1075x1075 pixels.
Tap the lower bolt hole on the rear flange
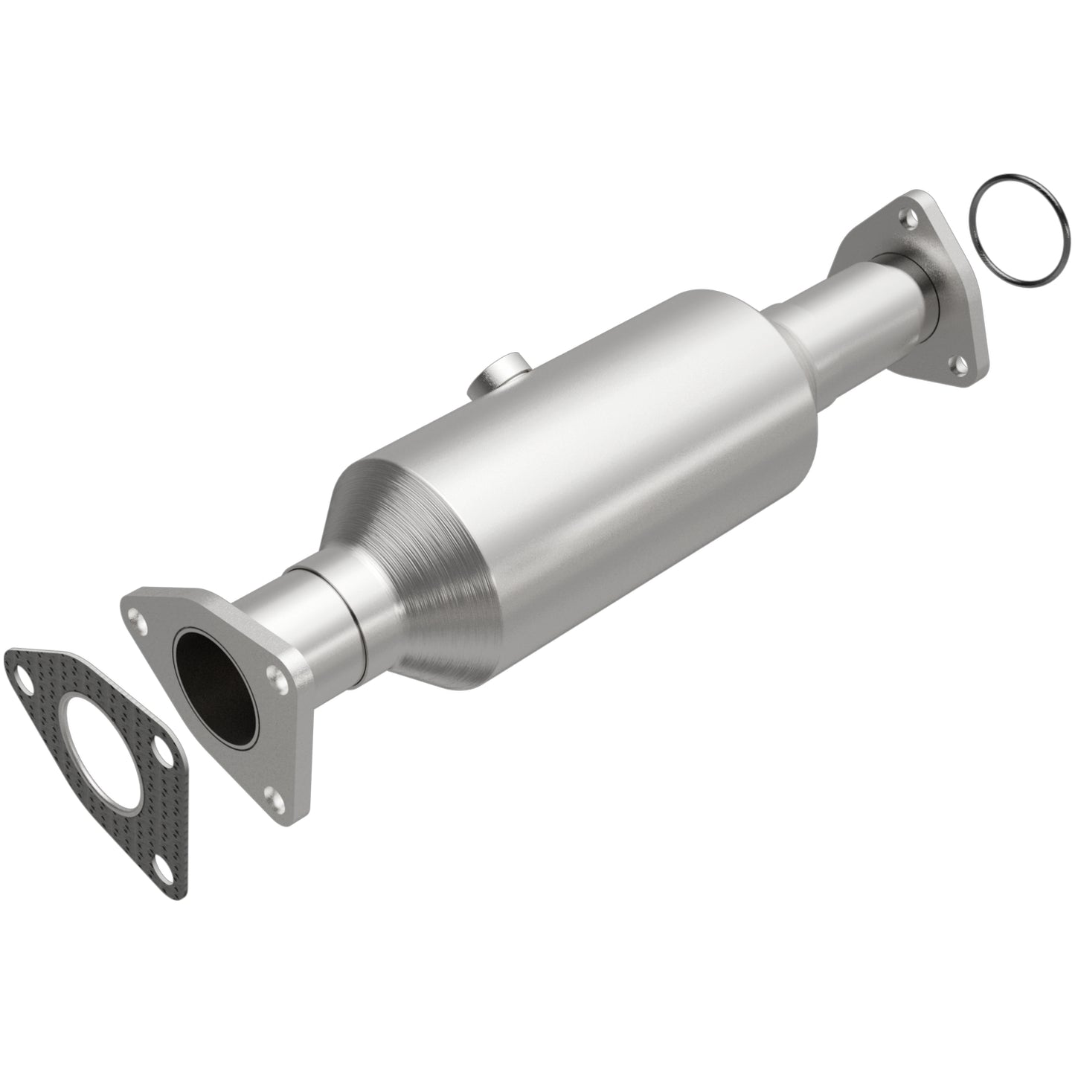pyautogui.click(x=960, y=365)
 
